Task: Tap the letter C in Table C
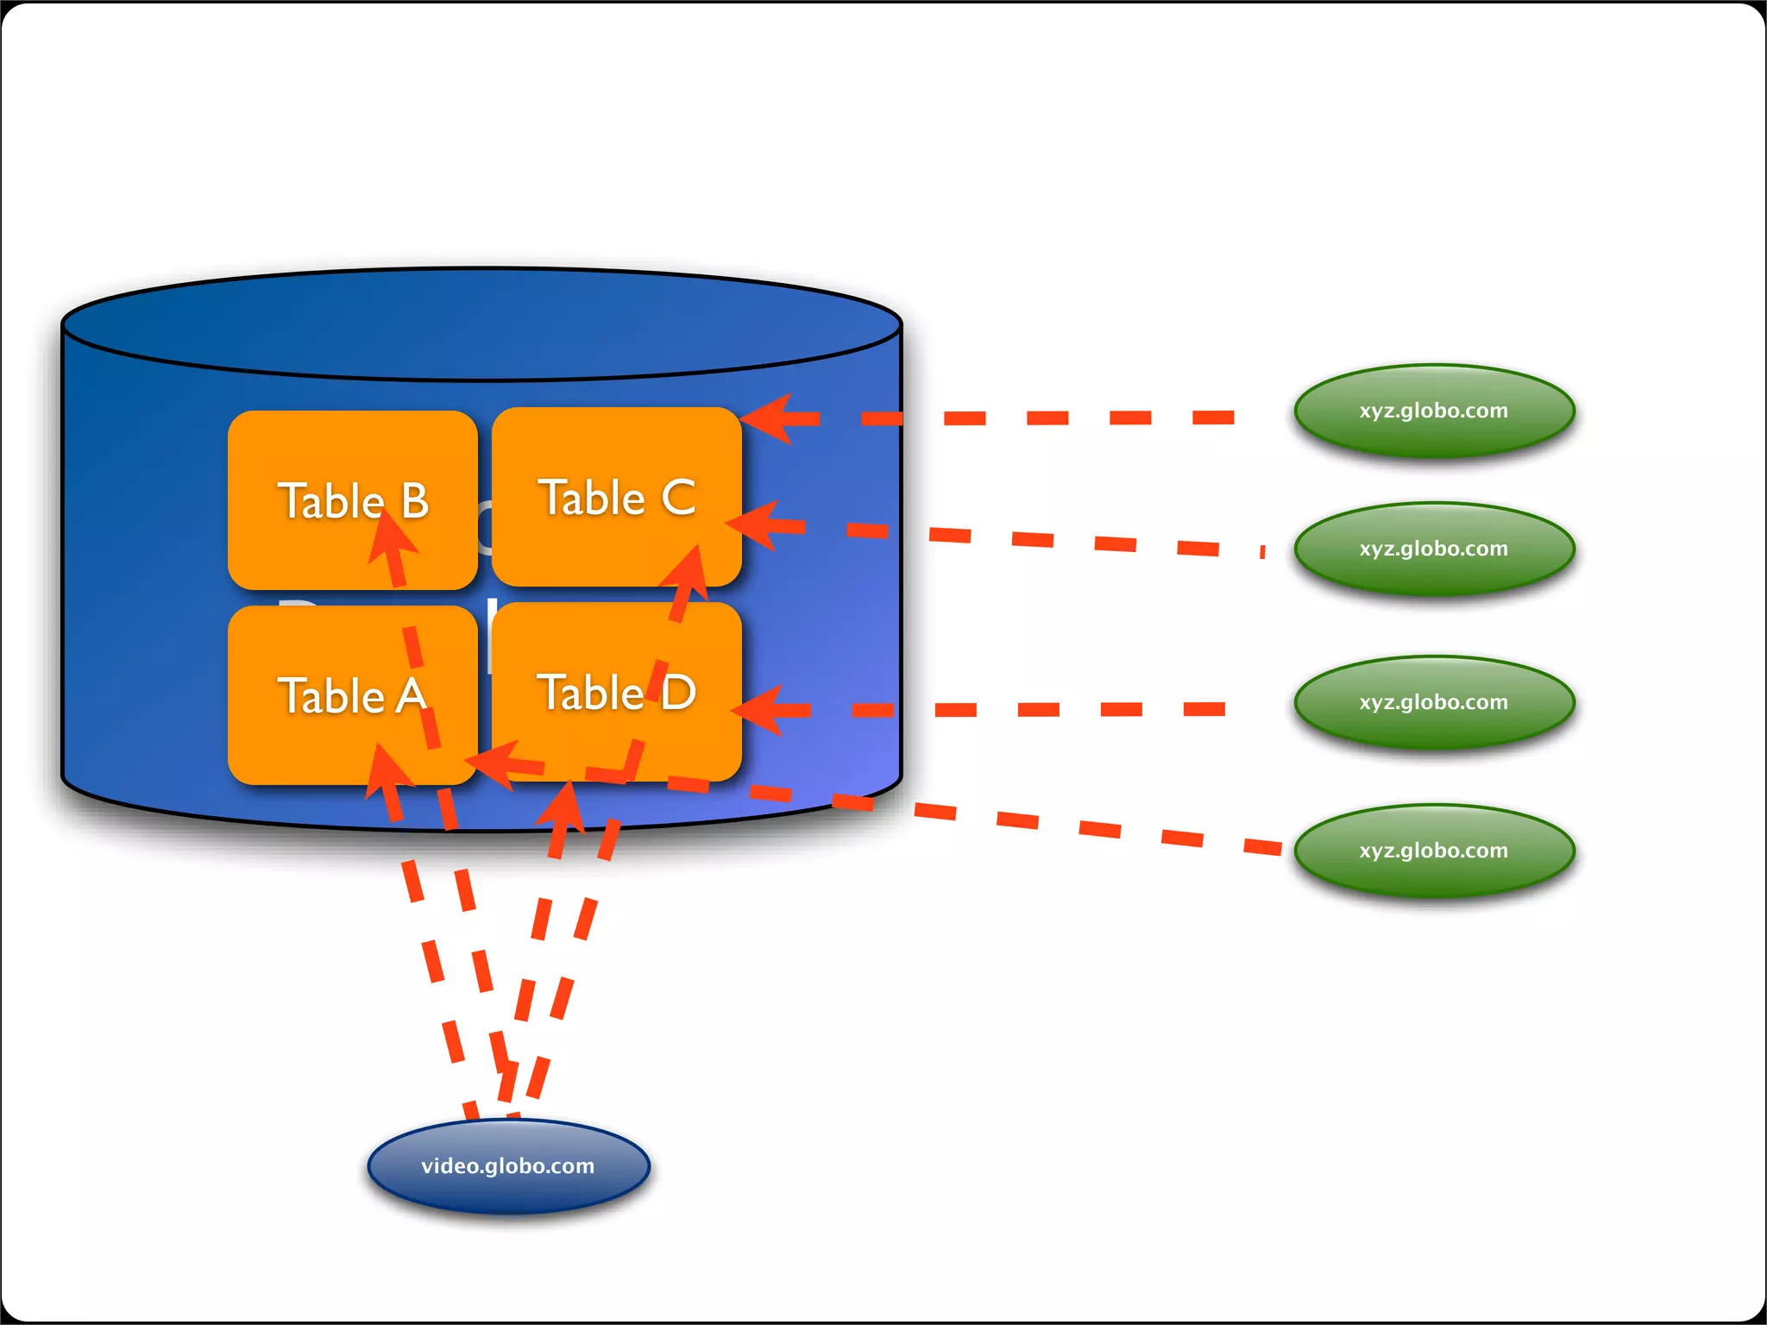[x=678, y=498]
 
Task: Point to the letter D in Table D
[x=679, y=693]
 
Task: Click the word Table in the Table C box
[x=592, y=498]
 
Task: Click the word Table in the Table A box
[x=330, y=696]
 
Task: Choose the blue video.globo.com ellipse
[x=508, y=1165]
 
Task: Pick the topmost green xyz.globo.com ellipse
[x=1434, y=411]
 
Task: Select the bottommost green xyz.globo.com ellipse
[x=1434, y=851]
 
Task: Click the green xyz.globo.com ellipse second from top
[x=1434, y=549]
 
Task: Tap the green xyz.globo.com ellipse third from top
[x=1434, y=702]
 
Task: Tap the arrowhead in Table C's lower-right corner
[x=688, y=570]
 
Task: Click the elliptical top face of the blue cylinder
[x=481, y=323]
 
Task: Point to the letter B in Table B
[x=415, y=501]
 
